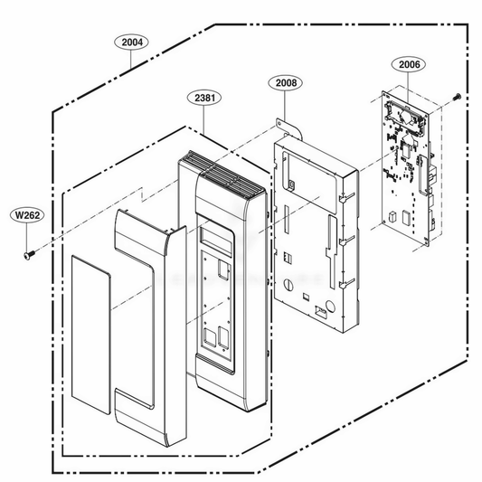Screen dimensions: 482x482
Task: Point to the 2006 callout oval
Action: coord(406,64)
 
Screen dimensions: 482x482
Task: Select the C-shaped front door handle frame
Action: coord(145,317)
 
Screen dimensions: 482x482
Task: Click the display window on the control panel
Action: coord(218,240)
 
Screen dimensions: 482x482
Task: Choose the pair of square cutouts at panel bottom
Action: coord(218,339)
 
